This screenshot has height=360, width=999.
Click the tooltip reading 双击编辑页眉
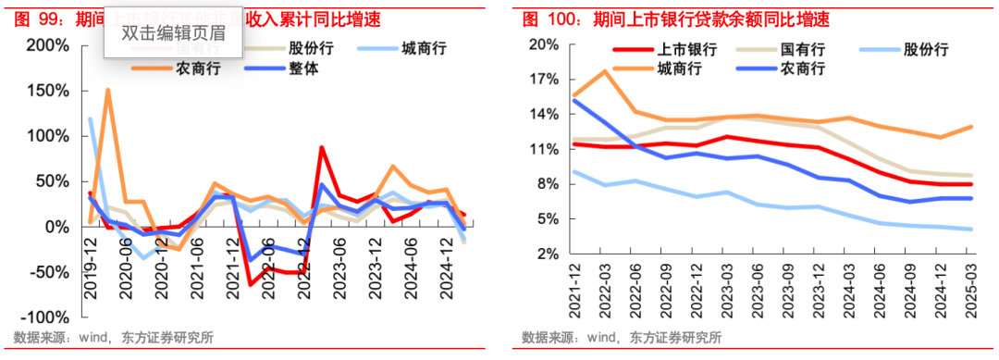[173, 34]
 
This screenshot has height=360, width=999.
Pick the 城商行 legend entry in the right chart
[680, 68]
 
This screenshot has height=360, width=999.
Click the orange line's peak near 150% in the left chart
[108, 90]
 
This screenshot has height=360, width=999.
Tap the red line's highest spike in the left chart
[321, 147]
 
